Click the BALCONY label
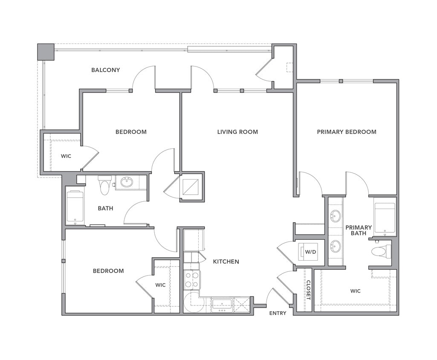coord(105,70)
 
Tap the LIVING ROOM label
coord(237,132)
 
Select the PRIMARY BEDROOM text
coord(346,132)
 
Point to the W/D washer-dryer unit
coord(310,251)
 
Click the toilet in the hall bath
coord(104,184)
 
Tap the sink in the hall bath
coord(127,183)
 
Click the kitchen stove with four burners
coord(191,280)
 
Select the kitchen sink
coord(222,305)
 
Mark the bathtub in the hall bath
coord(75,207)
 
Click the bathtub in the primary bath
coord(385,217)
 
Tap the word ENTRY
coord(278,313)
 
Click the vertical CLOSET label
coord(308,290)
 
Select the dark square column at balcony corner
coord(46,52)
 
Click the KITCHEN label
coord(226,261)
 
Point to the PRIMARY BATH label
coord(358,230)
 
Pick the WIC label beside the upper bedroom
coord(66,156)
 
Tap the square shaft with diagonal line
coord(191,186)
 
